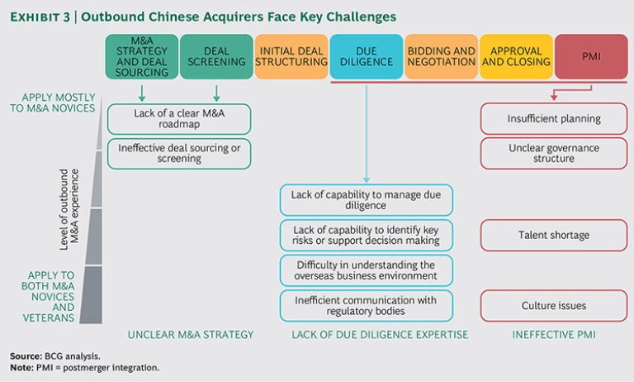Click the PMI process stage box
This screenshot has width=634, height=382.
tap(591, 56)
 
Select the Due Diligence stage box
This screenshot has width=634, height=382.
tap(367, 56)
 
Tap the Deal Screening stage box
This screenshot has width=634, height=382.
tap(216, 56)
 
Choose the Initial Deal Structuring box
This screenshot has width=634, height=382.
tap(291, 56)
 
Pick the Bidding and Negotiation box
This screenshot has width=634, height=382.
tap(441, 56)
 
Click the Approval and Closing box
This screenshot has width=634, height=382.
tap(516, 56)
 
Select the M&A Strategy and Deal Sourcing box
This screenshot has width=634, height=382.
tap(142, 56)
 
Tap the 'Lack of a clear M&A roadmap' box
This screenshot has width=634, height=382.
tap(178, 118)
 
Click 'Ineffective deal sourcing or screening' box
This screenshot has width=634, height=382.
tap(178, 154)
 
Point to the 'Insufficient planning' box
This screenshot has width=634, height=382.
tap(554, 118)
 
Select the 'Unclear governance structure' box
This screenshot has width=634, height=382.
tap(554, 154)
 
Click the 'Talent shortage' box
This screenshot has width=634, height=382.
tap(554, 235)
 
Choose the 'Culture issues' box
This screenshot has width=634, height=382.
tap(554, 305)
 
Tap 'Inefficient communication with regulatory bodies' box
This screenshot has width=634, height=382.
tap(367, 305)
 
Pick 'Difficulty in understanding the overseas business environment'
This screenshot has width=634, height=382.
tap(367, 270)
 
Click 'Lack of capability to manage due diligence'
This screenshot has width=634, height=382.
tap(367, 200)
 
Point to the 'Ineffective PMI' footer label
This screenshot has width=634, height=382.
tap(553, 335)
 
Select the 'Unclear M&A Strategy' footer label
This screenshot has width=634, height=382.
tap(191, 335)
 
